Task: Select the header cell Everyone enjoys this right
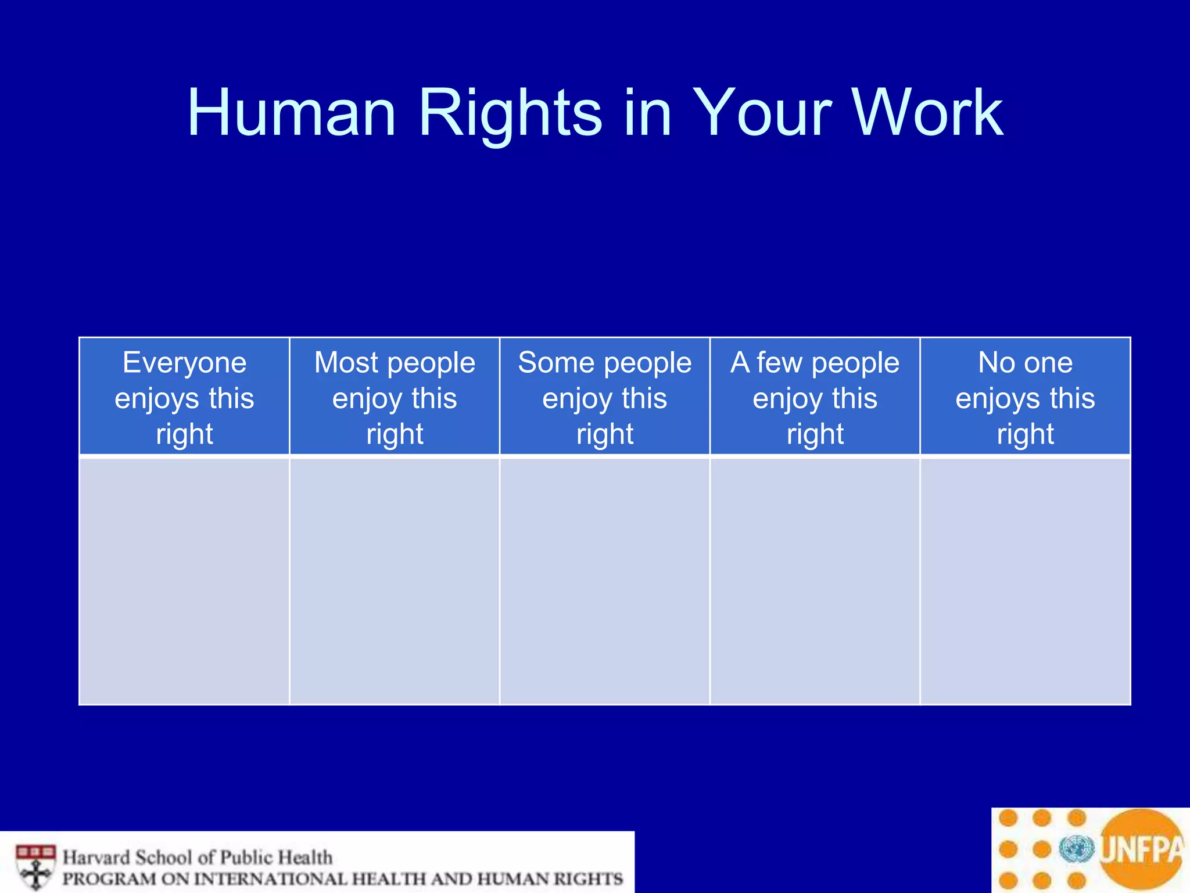[x=184, y=397]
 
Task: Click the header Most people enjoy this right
[x=395, y=397]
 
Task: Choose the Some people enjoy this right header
[x=605, y=397]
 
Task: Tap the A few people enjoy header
[x=815, y=397]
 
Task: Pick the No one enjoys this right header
[x=1025, y=397]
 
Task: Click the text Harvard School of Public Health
[x=198, y=857]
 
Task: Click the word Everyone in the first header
[x=184, y=363]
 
